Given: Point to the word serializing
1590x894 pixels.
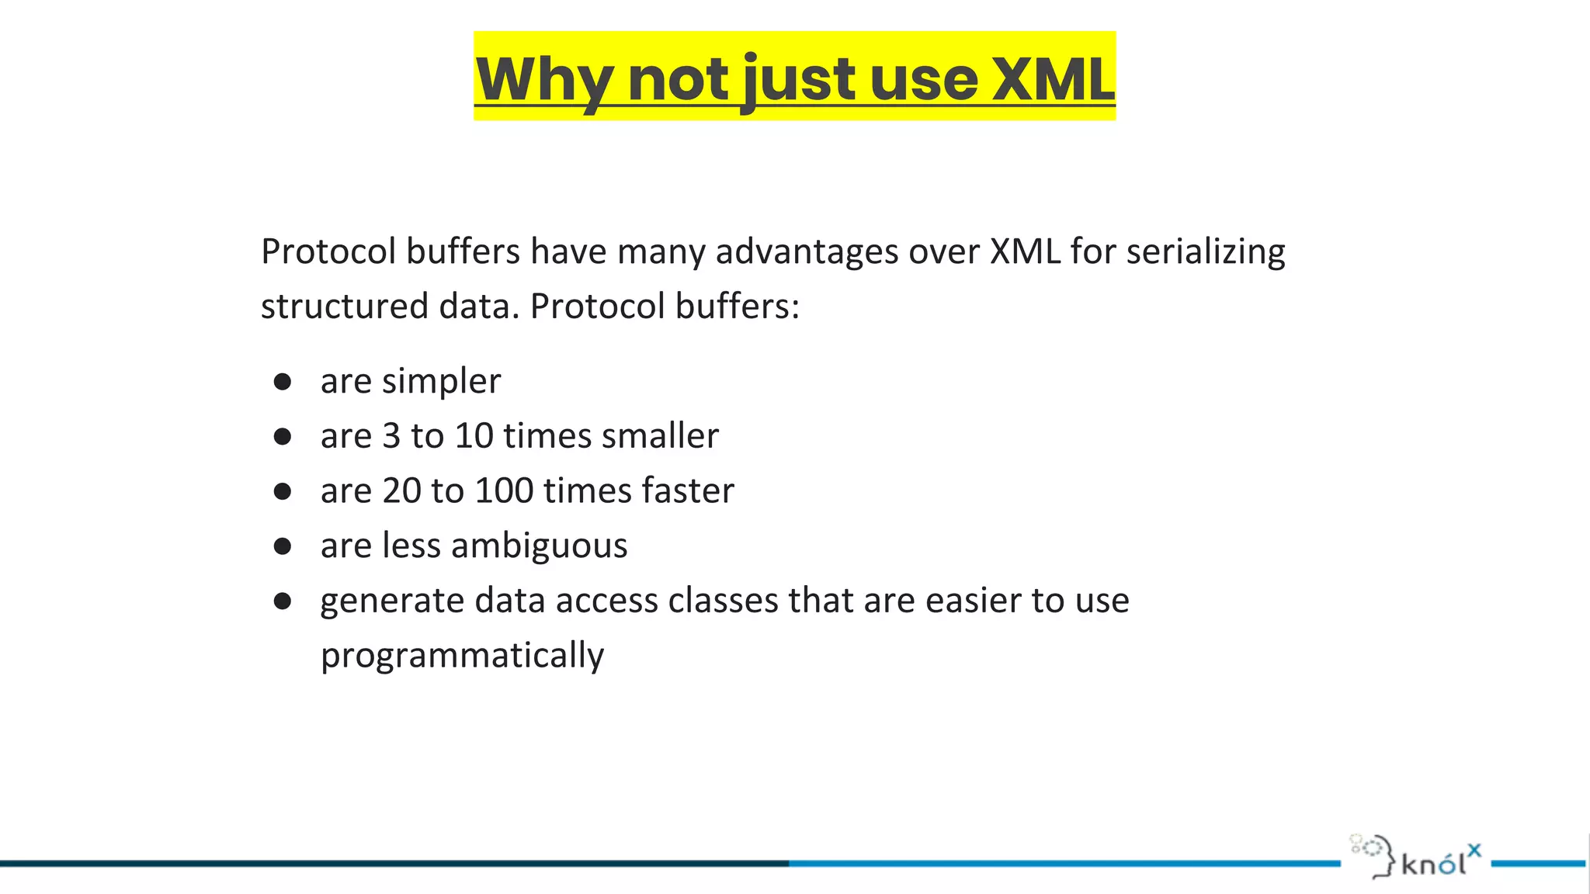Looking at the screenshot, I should click(x=1205, y=252).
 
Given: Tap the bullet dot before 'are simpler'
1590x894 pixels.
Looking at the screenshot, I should click(x=283, y=381).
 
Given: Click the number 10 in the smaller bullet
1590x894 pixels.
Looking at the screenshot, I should click(x=474, y=436).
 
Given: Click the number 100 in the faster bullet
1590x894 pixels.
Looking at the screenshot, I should click(x=504, y=491).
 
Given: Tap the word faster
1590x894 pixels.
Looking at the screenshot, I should click(x=688, y=491).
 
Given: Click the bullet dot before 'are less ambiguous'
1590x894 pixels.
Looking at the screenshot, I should click(x=283, y=546).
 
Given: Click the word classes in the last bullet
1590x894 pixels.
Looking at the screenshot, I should click(x=723, y=601).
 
